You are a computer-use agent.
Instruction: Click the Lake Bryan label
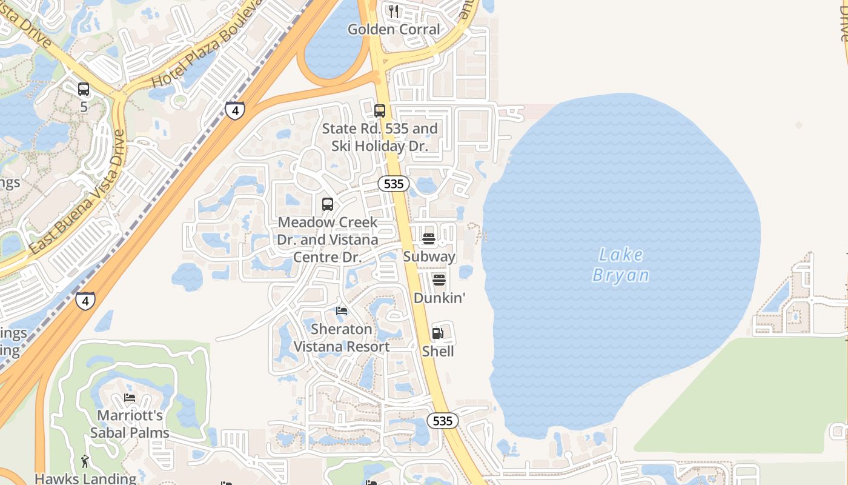point(620,265)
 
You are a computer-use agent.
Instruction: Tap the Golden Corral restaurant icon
point(394,11)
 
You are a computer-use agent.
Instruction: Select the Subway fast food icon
point(429,239)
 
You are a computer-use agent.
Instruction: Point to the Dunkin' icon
point(439,280)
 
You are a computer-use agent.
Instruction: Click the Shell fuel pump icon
point(438,333)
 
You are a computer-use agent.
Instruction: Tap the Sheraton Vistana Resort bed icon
point(342,311)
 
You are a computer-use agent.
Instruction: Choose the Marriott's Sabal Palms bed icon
point(130,398)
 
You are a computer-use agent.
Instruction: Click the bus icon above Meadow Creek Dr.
point(328,204)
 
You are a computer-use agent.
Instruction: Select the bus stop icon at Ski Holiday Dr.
point(380,111)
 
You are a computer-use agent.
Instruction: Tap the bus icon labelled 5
point(84,89)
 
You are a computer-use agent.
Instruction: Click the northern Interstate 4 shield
point(235,110)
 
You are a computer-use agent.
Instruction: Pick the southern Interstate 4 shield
point(85,301)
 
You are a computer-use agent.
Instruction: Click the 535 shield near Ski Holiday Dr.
point(394,184)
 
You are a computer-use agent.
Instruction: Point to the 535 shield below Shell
point(443,421)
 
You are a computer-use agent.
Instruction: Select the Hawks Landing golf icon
point(85,461)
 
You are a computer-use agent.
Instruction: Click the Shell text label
point(438,351)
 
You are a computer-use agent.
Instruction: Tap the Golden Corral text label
point(394,29)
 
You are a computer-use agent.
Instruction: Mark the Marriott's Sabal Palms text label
point(130,424)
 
